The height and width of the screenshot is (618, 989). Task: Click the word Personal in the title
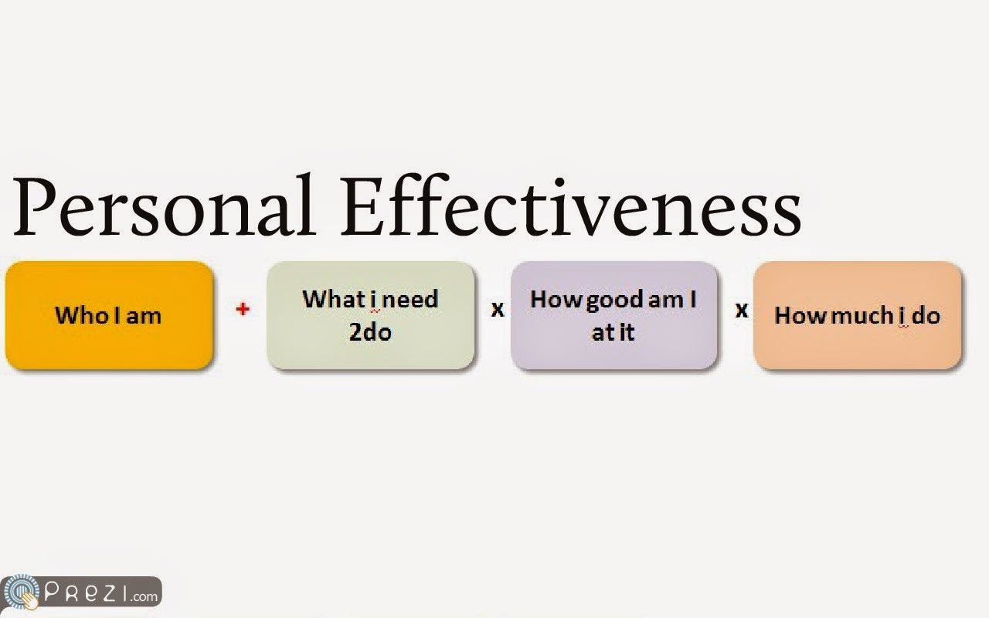[165, 205]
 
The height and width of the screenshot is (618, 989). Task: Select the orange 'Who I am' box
[109, 315]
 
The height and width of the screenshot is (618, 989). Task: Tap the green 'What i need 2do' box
[370, 315]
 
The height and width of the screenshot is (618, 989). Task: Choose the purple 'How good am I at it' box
[613, 315]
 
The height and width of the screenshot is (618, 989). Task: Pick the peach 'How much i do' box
[857, 315]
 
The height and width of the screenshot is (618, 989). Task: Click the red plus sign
[243, 309]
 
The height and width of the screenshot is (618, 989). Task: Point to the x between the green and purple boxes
[498, 310]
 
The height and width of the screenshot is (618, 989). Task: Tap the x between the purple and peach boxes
[742, 310]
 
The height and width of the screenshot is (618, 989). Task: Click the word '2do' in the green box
[370, 331]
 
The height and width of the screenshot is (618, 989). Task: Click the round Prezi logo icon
[20, 592]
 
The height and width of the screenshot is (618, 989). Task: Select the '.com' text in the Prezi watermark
[144, 596]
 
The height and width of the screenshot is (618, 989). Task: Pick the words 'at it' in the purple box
[613, 332]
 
